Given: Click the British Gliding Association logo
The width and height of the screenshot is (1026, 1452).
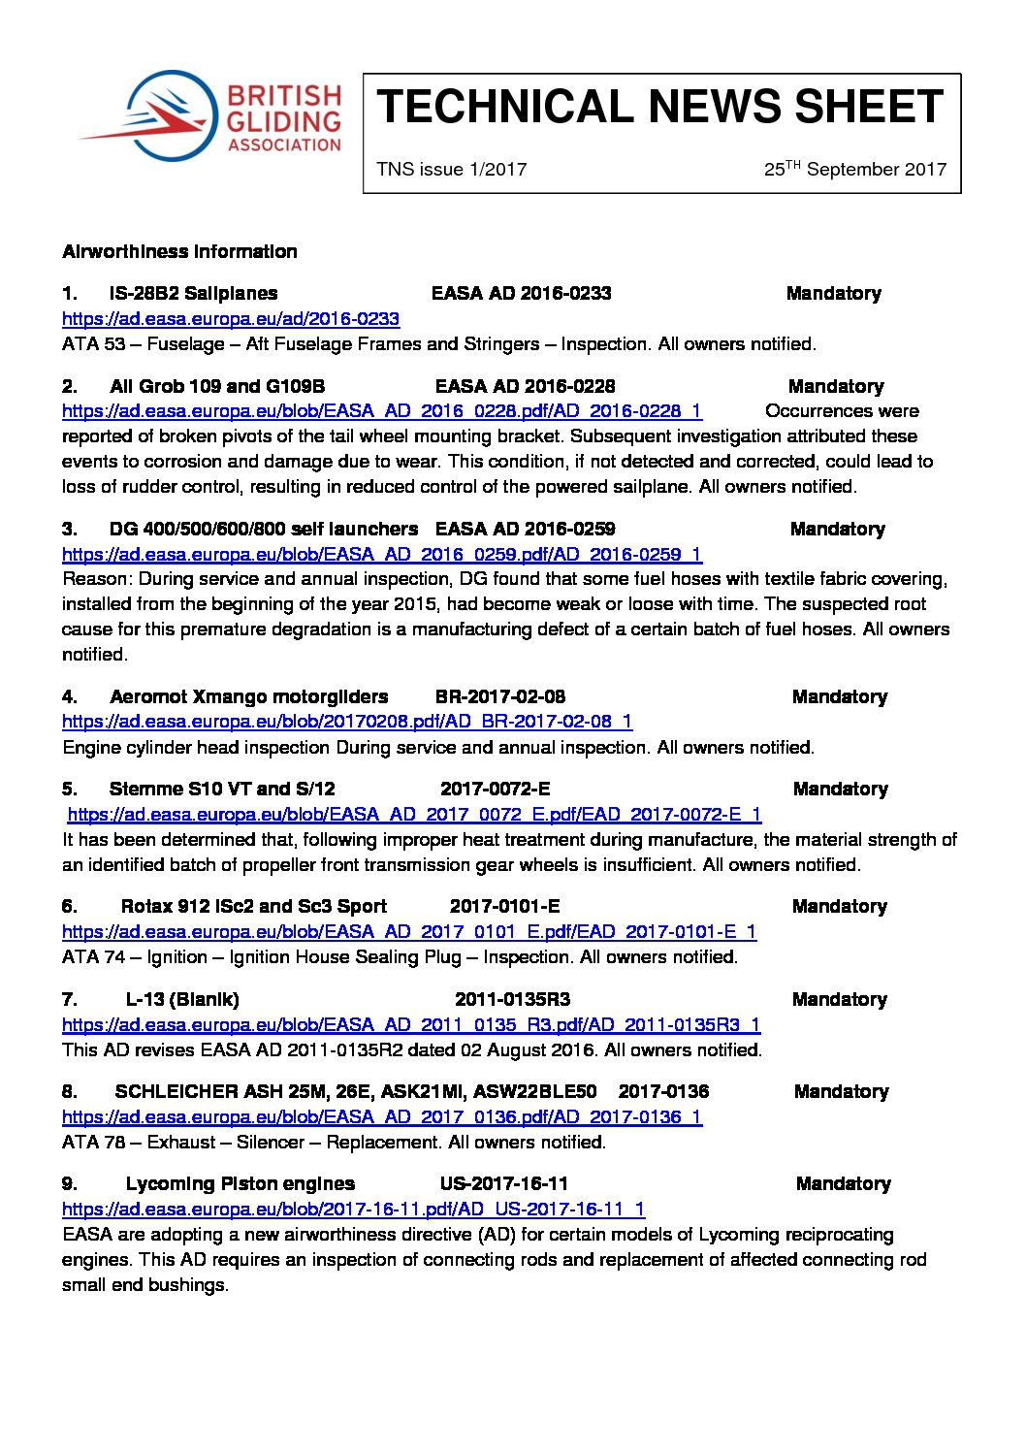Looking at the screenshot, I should click(x=209, y=115).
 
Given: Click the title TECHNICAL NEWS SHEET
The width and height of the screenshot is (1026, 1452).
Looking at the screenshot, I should click(x=659, y=107).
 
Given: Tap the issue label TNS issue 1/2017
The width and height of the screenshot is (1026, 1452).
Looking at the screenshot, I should click(x=452, y=170).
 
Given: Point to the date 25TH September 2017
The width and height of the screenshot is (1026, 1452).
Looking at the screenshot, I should click(x=854, y=170).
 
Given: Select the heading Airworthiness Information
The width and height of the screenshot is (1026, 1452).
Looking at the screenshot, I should click(x=179, y=252).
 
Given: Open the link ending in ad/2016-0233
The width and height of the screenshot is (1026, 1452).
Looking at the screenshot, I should click(x=231, y=319).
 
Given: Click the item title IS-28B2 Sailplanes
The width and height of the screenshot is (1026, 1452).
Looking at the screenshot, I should click(x=193, y=293).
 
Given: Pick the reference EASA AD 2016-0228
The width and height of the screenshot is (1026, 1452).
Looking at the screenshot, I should click(x=525, y=386).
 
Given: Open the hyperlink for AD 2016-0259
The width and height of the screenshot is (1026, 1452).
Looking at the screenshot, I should click(x=382, y=555).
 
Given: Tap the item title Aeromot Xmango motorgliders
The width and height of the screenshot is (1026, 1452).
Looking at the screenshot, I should click(x=248, y=696).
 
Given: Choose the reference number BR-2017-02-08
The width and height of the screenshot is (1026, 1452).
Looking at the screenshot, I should click(x=500, y=696).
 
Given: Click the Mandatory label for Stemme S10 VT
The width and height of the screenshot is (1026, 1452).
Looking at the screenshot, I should click(x=840, y=789).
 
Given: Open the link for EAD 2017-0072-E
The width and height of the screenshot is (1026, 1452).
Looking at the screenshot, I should click(x=414, y=815).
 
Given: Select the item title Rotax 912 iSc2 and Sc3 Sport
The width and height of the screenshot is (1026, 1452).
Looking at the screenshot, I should click(x=253, y=906).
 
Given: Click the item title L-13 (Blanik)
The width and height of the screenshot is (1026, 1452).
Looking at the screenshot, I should click(x=182, y=999).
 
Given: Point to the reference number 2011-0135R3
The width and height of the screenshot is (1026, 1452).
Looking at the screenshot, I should click(x=512, y=999).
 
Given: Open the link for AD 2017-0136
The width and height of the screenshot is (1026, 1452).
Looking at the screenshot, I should click(x=382, y=1117).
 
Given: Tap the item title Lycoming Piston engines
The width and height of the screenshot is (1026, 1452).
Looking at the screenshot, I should click(x=240, y=1183).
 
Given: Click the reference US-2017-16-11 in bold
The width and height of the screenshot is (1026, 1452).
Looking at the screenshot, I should click(x=503, y=1183).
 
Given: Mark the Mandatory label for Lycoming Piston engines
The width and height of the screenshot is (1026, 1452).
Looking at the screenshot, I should click(x=843, y=1183).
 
